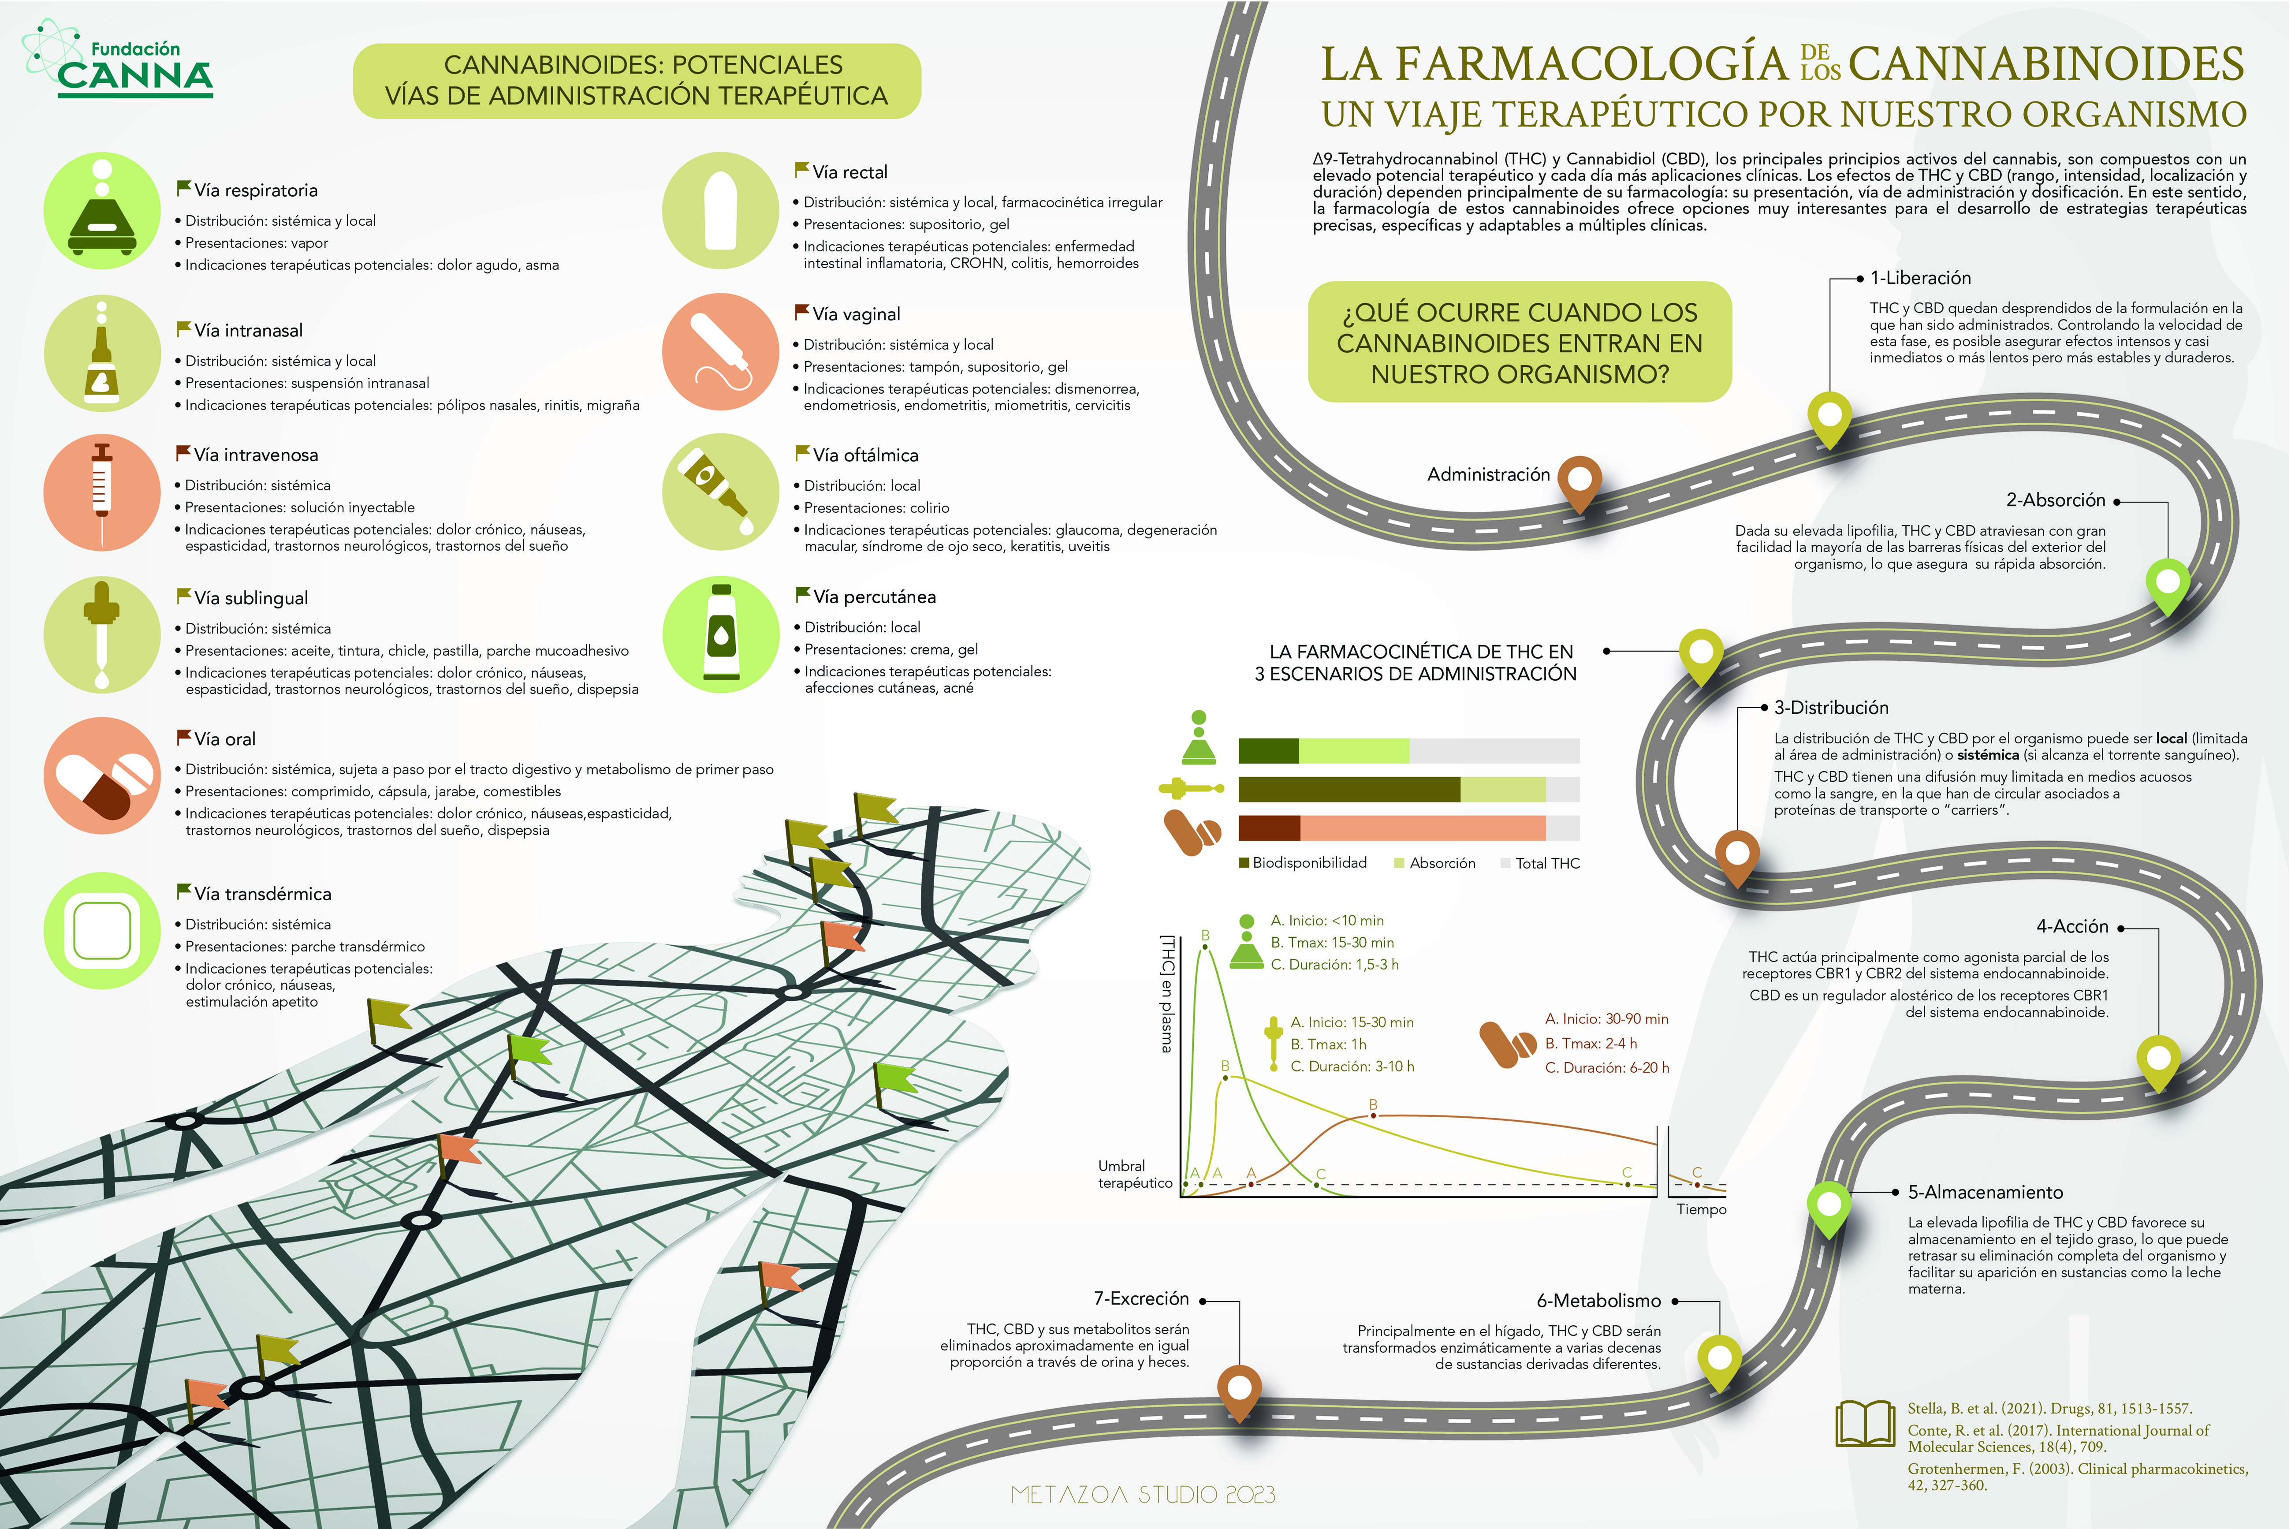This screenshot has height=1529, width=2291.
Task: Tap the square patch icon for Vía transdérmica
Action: coord(101,930)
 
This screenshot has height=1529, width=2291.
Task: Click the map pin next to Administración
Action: coord(1579,483)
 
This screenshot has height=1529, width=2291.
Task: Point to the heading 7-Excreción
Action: coord(1140,1298)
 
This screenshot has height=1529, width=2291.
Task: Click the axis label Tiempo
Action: coord(1701,1209)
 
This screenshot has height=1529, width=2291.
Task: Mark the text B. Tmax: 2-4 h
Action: coord(1591,1044)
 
